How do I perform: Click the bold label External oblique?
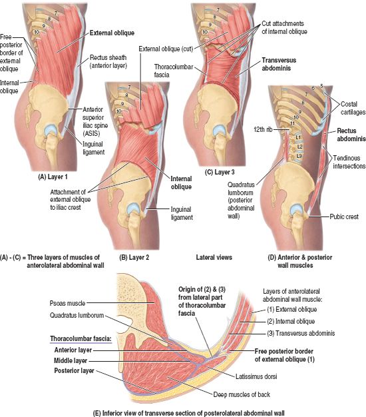pyautogui.click(x=112, y=33)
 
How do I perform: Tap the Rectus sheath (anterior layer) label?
pyautogui.click(x=108, y=61)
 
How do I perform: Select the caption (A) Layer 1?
pyautogui.click(x=53, y=177)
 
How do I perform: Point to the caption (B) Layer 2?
pyautogui.click(x=134, y=257)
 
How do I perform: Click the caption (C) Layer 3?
pyautogui.click(x=220, y=172)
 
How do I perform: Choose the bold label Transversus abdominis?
pyautogui.click(x=279, y=64)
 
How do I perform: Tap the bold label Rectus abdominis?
pyautogui.click(x=351, y=135)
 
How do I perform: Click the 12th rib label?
pyautogui.click(x=264, y=129)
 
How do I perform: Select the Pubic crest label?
pyautogui.click(x=344, y=216)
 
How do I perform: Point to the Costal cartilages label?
pyautogui.click(x=353, y=108)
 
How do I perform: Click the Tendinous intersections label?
pyautogui.click(x=349, y=162)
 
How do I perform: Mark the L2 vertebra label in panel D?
pyautogui.click(x=299, y=147)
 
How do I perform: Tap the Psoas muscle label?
pyautogui.click(x=67, y=303)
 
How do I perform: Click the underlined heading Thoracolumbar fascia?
pyautogui.click(x=81, y=338)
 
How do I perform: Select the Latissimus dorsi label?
pyautogui.click(x=256, y=376)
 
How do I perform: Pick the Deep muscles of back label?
pyautogui.click(x=242, y=394)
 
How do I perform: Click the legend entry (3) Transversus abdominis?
pyautogui.click(x=301, y=333)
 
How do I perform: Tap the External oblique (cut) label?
pyautogui.click(x=166, y=49)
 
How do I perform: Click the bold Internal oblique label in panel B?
pyautogui.click(x=181, y=183)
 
